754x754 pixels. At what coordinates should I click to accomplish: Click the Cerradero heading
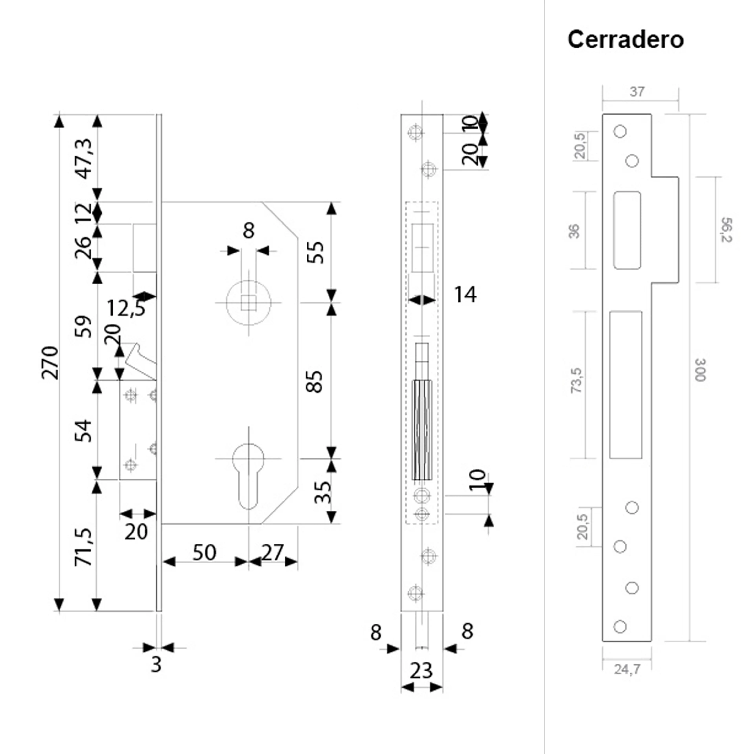[x=625, y=40]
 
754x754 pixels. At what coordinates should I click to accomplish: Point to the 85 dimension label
[x=315, y=381]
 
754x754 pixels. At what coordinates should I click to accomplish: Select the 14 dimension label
[x=465, y=295]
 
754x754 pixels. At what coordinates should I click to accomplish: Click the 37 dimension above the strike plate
[x=637, y=92]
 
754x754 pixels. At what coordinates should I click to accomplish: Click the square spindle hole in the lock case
[x=248, y=302]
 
